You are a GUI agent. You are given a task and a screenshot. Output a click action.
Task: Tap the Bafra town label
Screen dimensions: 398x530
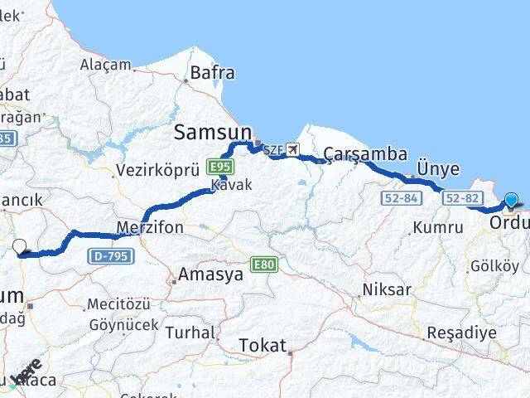[212, 73]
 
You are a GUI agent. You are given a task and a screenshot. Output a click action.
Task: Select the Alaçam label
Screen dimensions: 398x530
[105, 65]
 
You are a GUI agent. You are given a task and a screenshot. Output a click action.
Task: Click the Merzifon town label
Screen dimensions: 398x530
[150, 227]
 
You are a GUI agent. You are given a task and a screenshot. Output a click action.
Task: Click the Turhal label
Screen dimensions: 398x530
[190, 332]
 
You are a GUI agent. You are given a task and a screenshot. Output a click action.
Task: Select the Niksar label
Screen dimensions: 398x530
[387, 289]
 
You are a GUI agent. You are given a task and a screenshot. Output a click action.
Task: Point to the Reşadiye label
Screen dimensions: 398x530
[461, 332]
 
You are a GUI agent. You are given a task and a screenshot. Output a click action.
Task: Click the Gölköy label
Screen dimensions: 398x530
[494, 266]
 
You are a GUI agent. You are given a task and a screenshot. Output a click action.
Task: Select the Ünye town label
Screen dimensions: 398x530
[438, 168]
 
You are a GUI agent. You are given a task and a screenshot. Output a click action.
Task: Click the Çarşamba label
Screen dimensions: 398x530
[365, 154]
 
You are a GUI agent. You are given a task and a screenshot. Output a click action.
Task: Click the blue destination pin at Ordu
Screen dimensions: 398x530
[511, 200]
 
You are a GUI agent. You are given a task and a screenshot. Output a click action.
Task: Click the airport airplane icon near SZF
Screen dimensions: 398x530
[292, 150]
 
